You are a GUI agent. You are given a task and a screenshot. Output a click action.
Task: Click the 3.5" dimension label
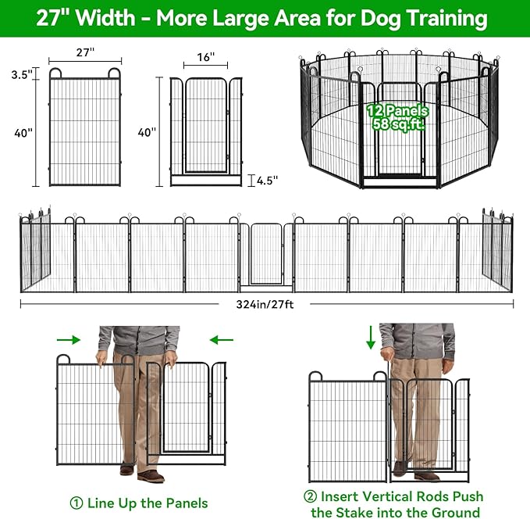(x=22, y=75)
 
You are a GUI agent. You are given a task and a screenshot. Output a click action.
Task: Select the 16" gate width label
(x=206, y=58)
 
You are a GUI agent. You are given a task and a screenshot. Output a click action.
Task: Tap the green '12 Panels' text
(x=397, y=112)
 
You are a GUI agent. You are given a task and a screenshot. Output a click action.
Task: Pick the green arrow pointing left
(x=222, y=339)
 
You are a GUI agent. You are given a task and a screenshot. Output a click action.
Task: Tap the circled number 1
(x=76, y=503)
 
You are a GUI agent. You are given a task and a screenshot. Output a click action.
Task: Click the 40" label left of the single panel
(x=23, y=133)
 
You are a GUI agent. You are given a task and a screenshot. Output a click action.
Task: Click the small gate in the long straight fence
(x=267, y=254)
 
